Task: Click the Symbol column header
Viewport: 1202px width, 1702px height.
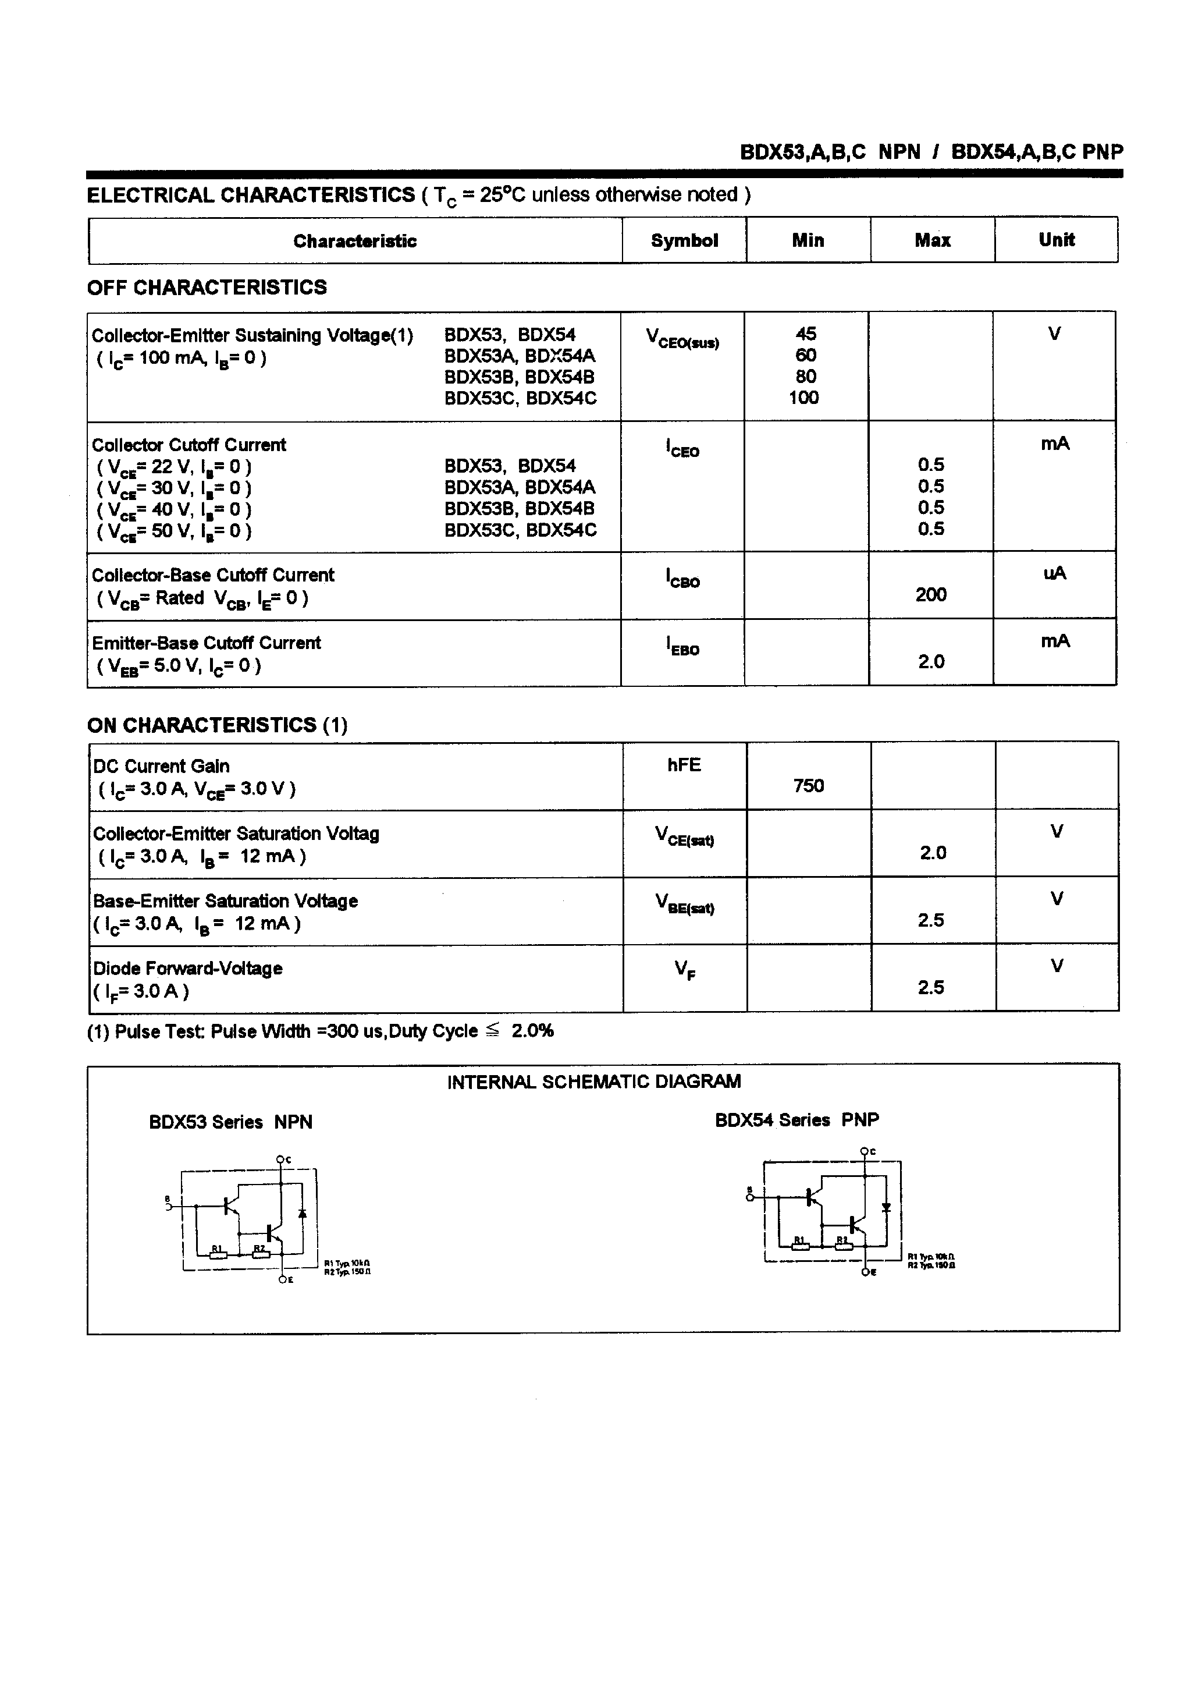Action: point(684,240)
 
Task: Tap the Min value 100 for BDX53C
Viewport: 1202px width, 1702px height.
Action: point(803,398)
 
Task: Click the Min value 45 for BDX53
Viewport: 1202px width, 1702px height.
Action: point(806,334)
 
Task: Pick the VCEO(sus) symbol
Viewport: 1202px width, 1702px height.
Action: point(682,339)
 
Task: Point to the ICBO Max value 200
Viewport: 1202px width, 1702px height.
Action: point(931,594)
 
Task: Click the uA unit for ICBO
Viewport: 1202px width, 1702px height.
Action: point(1055,573)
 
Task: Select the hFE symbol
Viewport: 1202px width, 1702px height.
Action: point(683,765)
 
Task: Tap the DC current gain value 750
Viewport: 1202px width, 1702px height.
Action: point(808,786)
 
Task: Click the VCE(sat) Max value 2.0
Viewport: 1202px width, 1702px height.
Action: point(933,853)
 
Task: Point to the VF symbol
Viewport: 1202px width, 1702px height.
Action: point(684,970)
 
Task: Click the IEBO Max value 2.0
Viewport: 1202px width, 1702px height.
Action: point(931,662)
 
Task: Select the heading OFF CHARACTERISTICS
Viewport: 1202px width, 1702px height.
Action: point(207,288)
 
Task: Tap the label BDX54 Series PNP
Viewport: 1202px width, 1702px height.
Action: point(796,1120)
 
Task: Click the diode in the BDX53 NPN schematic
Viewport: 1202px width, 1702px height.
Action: point(303,1214)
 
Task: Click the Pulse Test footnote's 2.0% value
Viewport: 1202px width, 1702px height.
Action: point(532,1031)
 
